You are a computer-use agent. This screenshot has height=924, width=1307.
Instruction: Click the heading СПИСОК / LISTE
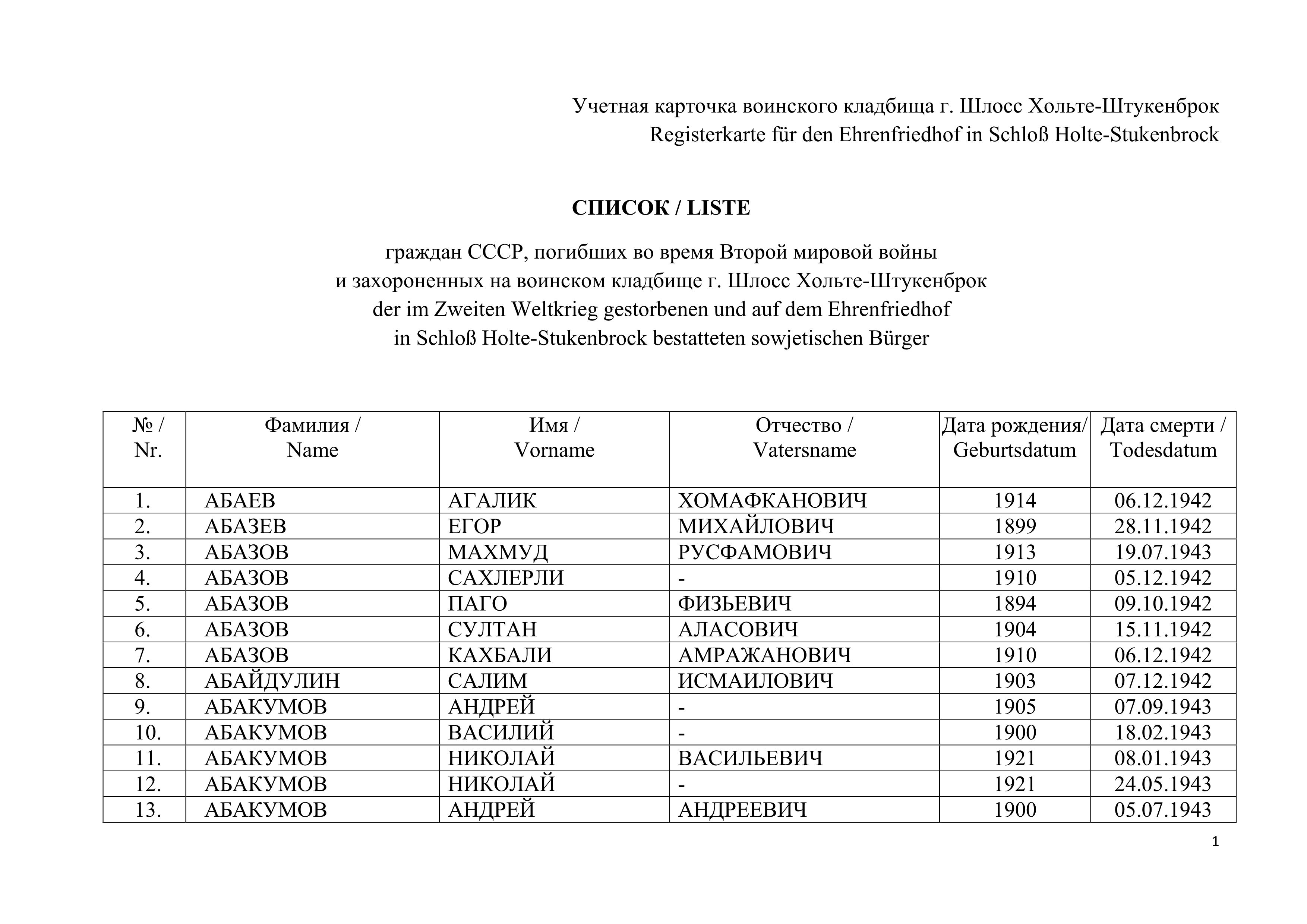point(661,208)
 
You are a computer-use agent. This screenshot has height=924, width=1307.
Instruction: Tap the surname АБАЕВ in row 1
point(240,501)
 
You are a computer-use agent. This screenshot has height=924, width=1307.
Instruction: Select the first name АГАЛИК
point(492,501)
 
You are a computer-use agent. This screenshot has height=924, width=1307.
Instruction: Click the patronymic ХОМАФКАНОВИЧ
point(773,501)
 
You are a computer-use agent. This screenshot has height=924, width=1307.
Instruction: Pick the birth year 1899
point(1014,526)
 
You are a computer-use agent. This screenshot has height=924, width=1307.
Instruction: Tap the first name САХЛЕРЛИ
point(505,578)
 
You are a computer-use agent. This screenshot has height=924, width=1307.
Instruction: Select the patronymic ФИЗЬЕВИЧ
point(734,604)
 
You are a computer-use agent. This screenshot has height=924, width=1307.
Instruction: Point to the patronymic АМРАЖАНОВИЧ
point(764,655)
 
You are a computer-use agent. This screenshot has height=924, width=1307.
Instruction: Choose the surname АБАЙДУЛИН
point(272,681)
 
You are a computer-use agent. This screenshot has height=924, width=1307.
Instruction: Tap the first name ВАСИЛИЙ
point(501,733)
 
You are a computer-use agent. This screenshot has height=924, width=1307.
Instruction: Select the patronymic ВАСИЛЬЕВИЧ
point(750,759)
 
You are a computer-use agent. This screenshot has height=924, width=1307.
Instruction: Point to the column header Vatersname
point(804,450)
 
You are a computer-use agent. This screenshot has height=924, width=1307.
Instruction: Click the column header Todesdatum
point(1163,450)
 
